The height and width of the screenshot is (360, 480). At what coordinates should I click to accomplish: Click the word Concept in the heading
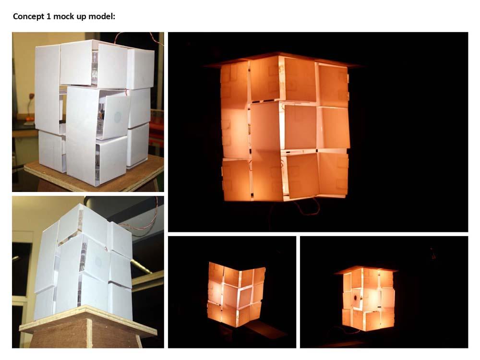(28, 16)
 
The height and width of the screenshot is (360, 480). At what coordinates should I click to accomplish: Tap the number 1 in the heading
(48, 16)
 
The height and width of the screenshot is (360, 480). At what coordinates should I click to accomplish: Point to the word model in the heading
(102, 16)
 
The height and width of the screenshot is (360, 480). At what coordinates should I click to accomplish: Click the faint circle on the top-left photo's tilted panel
(118, 116)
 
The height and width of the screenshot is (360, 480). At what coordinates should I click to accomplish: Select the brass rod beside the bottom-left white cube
(141, 266)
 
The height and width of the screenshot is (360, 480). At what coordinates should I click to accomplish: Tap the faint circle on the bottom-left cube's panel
(98, 261)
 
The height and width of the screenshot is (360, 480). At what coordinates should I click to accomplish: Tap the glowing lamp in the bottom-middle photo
(236, 294)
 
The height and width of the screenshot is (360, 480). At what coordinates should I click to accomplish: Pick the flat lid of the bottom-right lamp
(366, 269)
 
